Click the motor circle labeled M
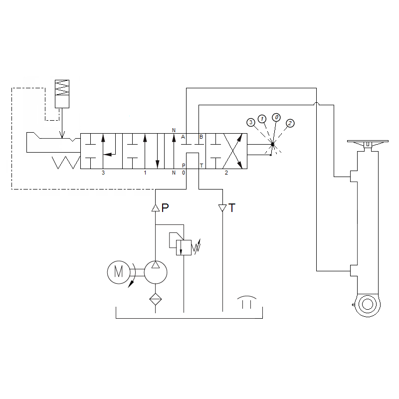point(119,272)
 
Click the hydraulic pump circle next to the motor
point(156,272)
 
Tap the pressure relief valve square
point(184,247)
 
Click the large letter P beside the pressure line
point(165,207)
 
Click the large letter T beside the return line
point(232,208)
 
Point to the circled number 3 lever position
point(251,122)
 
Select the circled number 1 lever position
point(262,119)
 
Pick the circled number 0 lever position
point(276,117)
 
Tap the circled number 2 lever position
point(290,123)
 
